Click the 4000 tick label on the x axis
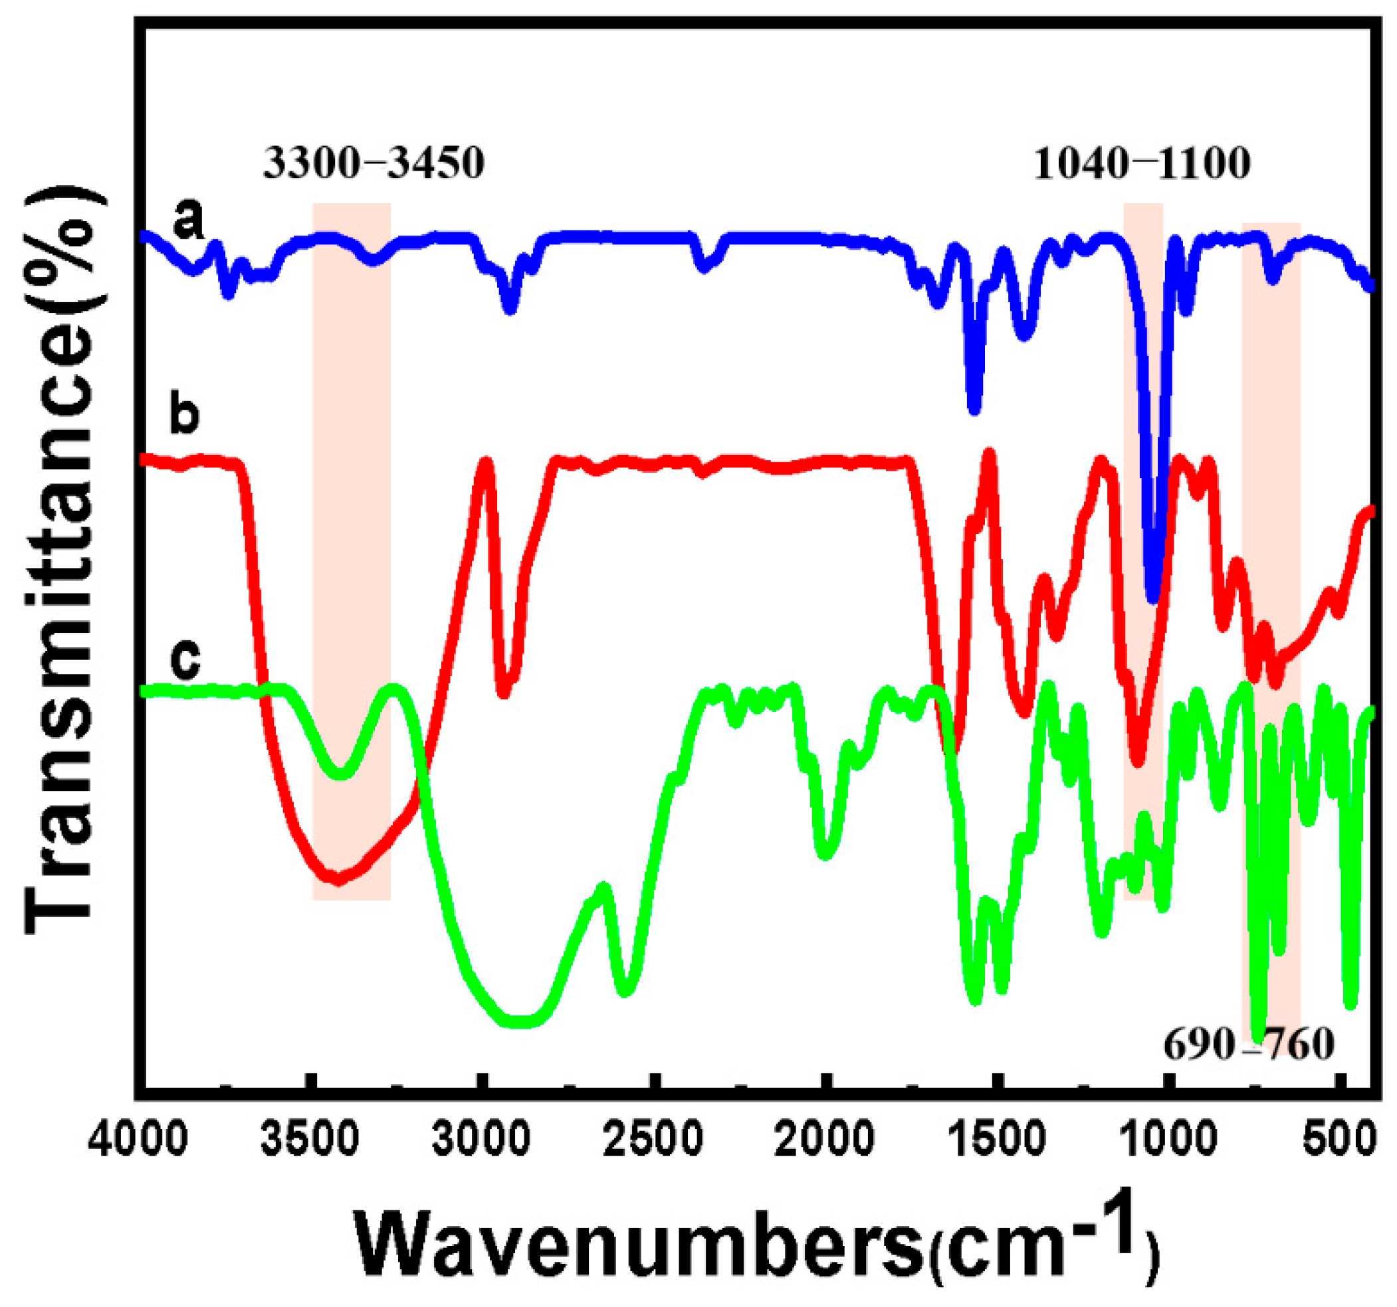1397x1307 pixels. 138,1140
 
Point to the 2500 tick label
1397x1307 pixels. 654,1140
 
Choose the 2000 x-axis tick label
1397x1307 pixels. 826,1140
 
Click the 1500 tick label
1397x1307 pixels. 998,1140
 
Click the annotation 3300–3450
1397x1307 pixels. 374,163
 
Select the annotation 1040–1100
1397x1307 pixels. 1142,163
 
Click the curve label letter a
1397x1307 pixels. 188,219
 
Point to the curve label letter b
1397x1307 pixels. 185,414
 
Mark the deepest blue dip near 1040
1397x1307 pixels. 1153,597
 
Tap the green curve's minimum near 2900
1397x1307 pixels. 520,1022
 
